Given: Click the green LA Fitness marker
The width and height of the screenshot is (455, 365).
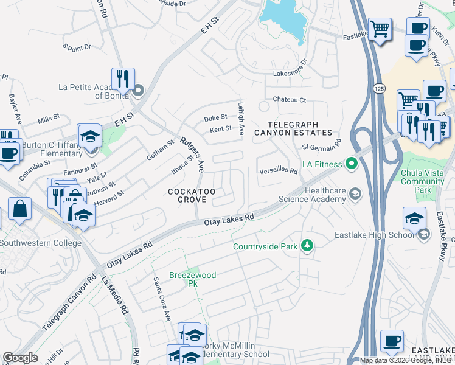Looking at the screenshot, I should click(x=351, y=163).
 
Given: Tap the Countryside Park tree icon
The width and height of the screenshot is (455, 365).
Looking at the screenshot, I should click(x=308, y=246).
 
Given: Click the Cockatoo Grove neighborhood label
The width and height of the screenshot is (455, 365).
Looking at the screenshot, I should click(x=192, y=196).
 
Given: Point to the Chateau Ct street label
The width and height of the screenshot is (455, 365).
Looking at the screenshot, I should click(x=289, y=100).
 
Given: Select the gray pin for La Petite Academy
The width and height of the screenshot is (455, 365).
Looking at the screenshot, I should click(x=137, y=91).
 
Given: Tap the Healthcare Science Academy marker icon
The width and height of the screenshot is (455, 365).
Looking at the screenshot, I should click(x=354, y=195).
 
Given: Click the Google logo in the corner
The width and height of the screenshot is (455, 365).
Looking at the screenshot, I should click(x=21, y=357).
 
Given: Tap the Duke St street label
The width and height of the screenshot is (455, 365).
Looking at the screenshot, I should click(x=215, y=117).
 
